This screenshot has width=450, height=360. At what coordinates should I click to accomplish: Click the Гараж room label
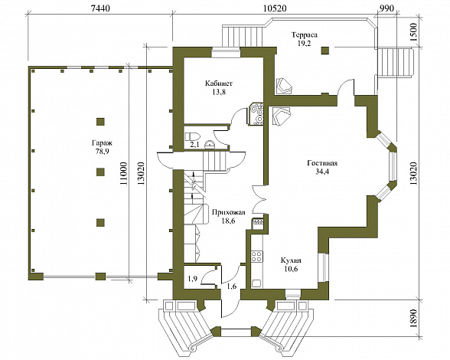point(102,143)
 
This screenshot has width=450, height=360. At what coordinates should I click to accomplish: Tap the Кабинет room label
point(219,83)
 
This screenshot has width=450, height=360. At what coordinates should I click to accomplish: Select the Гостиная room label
point(322,163)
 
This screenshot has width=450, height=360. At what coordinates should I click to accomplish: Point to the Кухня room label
point(291,260)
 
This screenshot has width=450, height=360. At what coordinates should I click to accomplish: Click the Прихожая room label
point(228,213)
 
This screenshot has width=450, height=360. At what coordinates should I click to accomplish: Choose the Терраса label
point(305,35)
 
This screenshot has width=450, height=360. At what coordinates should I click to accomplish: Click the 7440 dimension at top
point(100,8)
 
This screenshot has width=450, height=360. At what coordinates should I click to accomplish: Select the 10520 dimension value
point(275,8)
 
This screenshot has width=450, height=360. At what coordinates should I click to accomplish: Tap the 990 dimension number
point(386,8)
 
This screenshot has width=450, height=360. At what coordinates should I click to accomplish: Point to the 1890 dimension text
point(413,319)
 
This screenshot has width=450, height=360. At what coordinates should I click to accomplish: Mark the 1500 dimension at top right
point(413,32)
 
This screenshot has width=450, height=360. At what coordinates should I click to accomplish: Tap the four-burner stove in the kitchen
point(256,257)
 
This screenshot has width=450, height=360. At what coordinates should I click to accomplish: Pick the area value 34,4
point(322,172)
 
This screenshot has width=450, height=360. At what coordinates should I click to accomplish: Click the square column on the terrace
point(324,51)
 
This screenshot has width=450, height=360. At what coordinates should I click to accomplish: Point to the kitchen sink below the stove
point(256,283)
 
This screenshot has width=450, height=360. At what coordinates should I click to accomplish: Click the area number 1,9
point(192,278)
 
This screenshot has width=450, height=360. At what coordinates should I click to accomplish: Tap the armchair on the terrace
point(284,85)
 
